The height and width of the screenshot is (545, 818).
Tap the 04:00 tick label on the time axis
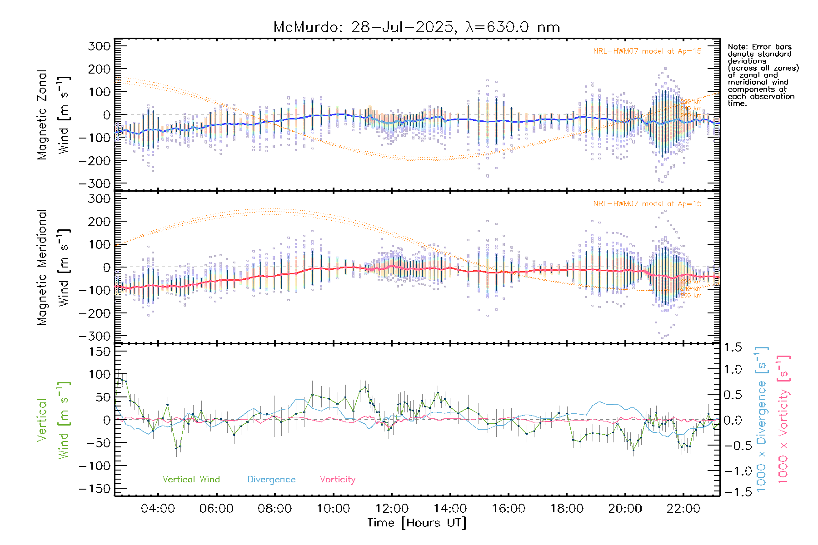[x=158, y=509]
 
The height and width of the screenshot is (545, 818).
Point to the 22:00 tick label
[x=683, y=509]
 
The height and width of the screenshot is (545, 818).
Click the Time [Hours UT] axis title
[x=417, y=523]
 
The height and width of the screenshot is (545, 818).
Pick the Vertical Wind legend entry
[x=191, y=480]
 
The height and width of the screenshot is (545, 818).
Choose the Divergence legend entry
[x=271, y=480]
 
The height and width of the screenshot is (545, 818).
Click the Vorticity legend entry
[x=337, y=480]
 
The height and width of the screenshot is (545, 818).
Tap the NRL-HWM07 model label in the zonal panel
[x=647, y=51]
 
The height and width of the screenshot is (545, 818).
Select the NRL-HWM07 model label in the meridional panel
[x=647, y=204]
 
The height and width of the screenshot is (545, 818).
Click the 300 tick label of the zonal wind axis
[x=100, y=46]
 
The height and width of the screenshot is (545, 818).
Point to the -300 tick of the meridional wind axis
[x=95, y=336]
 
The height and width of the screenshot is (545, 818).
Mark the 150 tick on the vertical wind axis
[x=100, y=352]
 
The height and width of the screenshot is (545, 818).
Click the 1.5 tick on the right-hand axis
[x=733, y=347]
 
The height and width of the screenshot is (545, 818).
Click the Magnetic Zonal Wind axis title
[x=54, y=115]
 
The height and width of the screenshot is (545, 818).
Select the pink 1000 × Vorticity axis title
[x=783, y=419]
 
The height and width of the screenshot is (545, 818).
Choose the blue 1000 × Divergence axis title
[x=761, y=419]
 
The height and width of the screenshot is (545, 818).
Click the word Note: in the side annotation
[x=737, y=47]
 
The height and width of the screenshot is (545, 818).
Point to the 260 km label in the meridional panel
[x=691, y=296]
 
